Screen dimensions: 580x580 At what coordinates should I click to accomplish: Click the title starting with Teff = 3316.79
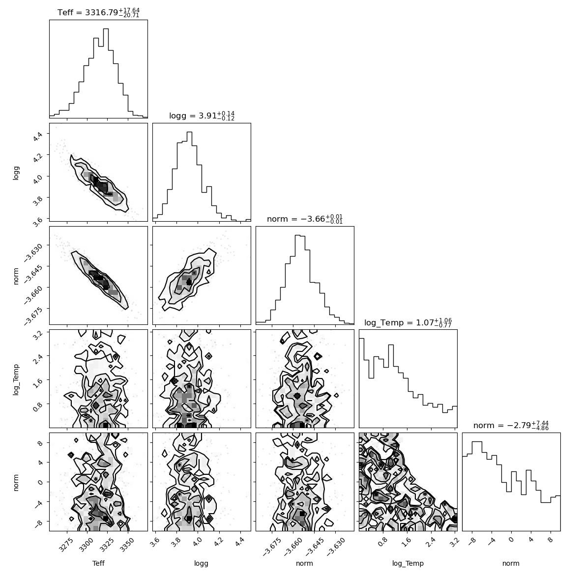click(x=98, y=13)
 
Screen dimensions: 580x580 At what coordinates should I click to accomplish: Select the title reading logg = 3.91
click(x=202, y=116)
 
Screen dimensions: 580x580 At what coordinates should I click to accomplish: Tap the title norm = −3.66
click(x=305, y=219)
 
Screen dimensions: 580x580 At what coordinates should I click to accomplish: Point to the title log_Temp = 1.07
click(x=408, y=322)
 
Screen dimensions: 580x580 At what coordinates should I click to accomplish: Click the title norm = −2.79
click(x=511, y=425)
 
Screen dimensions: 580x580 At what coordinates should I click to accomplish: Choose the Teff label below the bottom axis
click(x=98, y=563)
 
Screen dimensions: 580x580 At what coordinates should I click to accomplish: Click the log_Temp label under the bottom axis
click(x=408, y=564)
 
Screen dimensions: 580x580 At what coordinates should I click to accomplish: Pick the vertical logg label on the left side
click(x=16, y=173)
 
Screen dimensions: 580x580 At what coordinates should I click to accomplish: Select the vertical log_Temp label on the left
click(x=16, y=379)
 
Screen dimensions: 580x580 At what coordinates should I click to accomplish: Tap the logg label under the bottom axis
click(x=201, y=564)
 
